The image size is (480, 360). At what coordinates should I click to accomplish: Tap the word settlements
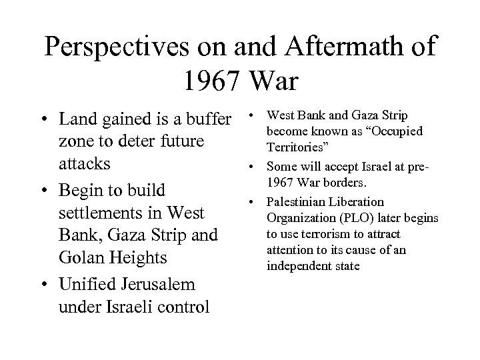click(x=106, y=214)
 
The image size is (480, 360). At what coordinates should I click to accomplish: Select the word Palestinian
click(x=299, y=202)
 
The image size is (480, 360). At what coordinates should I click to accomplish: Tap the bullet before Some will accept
click(x=256, y=164)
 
